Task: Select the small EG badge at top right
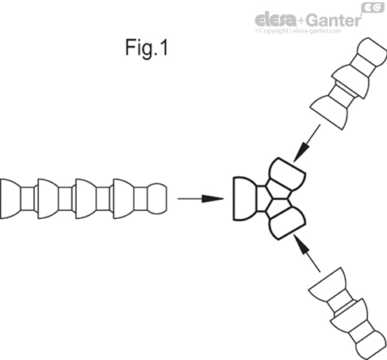[x=373, y=7]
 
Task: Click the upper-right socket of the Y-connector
[x=287, y=175]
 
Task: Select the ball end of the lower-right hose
[x=370, y=343]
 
